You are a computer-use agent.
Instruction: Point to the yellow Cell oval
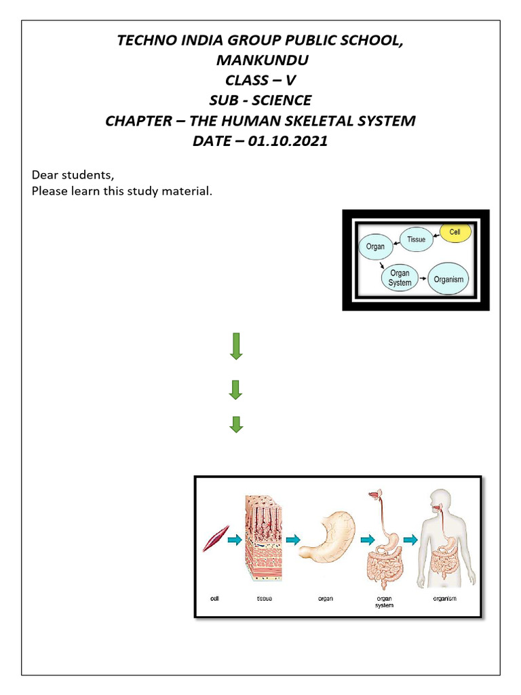pos(455,232)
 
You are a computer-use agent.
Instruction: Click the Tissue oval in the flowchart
pos(416,239)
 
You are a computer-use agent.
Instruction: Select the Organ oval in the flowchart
pos(375,247)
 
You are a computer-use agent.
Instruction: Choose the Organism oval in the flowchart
pos(448,279)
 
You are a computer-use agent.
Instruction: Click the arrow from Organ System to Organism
pos(423,279)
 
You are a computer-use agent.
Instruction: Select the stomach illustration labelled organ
pos(328,536)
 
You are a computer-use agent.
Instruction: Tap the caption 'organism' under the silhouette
pos(445,599)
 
